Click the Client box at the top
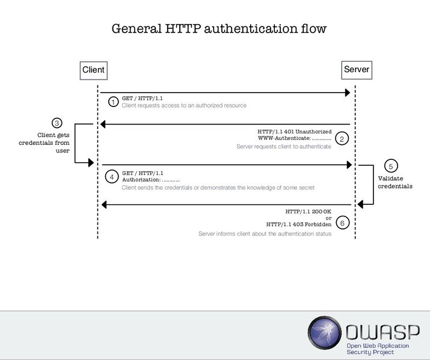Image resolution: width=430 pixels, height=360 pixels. coord(93,70)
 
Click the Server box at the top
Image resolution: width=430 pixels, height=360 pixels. coord(356,70)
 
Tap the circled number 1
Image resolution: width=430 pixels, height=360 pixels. coord(113,102)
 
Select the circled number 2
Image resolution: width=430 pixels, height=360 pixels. coord(341,139)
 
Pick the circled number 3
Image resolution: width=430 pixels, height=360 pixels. coord(57,123)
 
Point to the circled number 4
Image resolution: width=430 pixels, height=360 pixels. coord(111,177)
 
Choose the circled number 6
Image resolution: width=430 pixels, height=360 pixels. coord(341,223)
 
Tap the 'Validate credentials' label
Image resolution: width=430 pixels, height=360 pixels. coord(395,182)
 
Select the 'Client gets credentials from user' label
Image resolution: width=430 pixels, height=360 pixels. coord(54,143)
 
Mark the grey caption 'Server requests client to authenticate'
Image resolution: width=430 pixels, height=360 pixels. coord(283,147)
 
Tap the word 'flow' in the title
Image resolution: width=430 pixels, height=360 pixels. coord(313,29)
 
